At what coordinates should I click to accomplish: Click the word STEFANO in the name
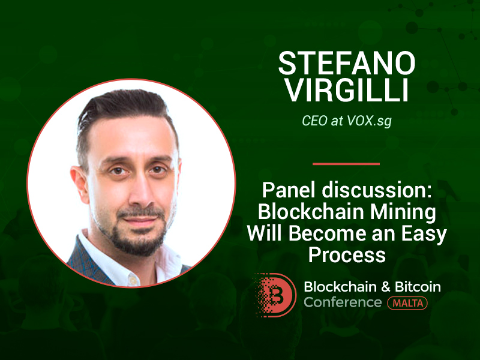click(x=347, y=63)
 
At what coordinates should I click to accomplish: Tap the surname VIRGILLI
click(x=347, y=90)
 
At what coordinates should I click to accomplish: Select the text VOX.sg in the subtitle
click(x=369, y=121)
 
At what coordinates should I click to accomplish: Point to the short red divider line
click(x=346, y=164)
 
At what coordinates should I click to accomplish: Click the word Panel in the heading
click(x=289, y=190)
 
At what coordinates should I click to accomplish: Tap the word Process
click(x=347, y=254)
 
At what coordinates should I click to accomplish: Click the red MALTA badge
click(x=407, y=303)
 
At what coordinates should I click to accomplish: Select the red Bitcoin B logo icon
click(x=275, y=295)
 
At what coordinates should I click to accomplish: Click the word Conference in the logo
click(x=343, y=302)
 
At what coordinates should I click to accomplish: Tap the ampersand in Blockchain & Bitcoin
click(x=386, y=287)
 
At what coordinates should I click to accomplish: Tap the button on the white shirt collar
click(x=133, y=279)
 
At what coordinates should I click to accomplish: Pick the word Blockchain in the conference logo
click(x=340, y=287)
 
